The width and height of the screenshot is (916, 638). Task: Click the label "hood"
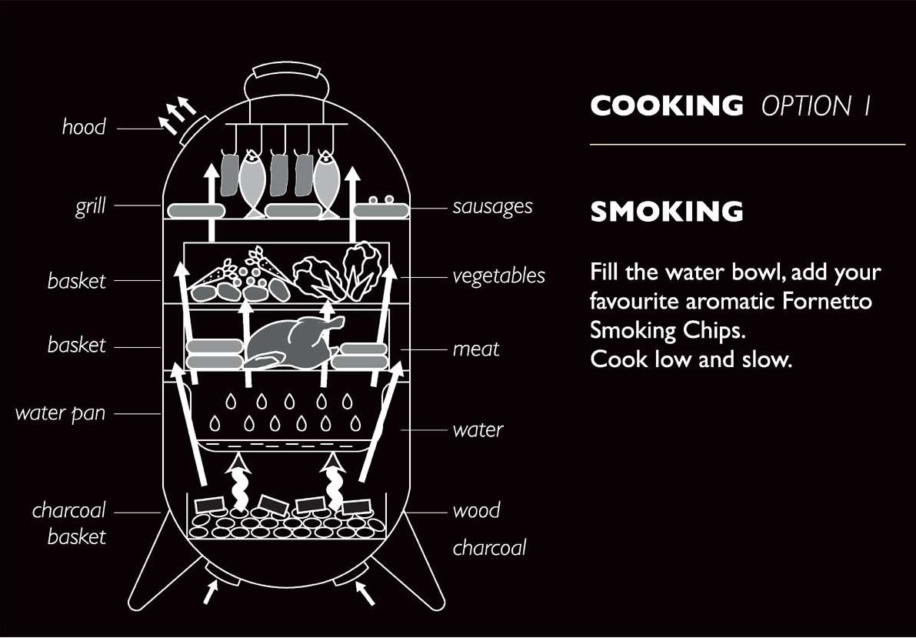tap(84, 126)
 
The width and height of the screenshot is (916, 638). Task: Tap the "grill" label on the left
tap(90, 206)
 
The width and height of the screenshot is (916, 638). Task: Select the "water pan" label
tap(60, 413)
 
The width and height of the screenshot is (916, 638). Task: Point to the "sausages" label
tap(492, 207)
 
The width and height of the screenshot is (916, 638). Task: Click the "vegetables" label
tap(499, 276)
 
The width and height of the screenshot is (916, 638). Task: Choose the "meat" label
tap(476, 349)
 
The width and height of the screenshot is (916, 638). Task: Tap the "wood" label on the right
tap(477, 510)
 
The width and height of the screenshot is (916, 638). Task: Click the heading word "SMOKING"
tap(667, 212)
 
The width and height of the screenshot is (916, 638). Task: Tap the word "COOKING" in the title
tap(667, 106)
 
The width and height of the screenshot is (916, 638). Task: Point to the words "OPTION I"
tap(816, 106)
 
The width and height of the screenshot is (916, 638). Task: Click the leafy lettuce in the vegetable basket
tap(315, 278)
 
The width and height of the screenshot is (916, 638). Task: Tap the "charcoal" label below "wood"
tap(490, 548)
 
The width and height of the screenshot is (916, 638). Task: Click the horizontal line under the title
tap(747, 144)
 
